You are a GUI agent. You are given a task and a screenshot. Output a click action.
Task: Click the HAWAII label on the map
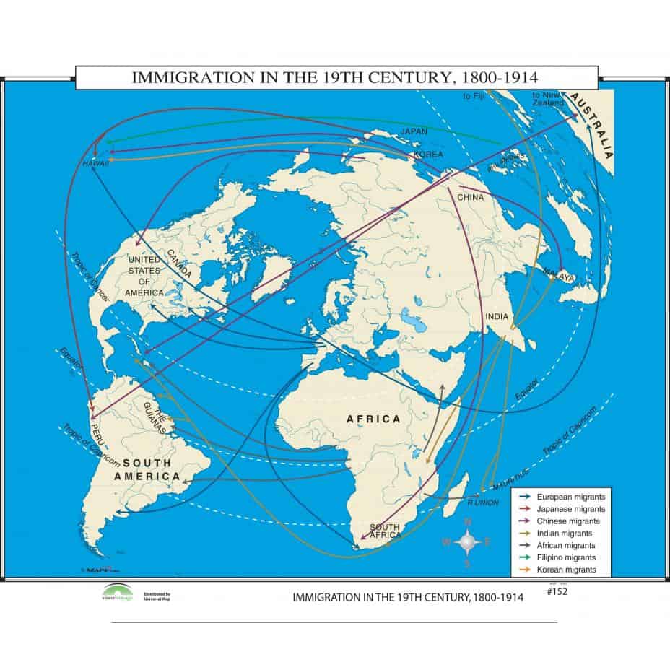pyautogui.click(x=95, y=164)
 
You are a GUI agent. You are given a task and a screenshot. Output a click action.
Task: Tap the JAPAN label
pyautogui.click(x=414, y=131)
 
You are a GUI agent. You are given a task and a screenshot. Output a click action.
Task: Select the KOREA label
pyautogui.click(x=427, y=155)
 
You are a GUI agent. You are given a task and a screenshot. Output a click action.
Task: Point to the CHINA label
pyautogui.click(x=469, y=196)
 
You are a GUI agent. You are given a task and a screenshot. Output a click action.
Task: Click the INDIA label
pyautogui.click(x=497, y=316)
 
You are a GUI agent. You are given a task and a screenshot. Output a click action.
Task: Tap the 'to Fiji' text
pyautogui.click(x=471, y=95)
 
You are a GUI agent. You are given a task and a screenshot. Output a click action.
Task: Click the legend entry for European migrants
pyautogui.click(x=569, y=497)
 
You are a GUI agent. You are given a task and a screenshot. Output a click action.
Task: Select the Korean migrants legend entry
pyautogui.click(x=566, y=570)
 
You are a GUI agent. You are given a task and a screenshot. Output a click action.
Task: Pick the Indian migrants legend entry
pyautogui.click(x=565, y=533)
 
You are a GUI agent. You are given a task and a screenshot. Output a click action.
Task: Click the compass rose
pyautogui.click(x=468, y=541)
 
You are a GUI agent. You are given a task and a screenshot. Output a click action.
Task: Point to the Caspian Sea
pyautogui.click(x=409, y=318)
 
